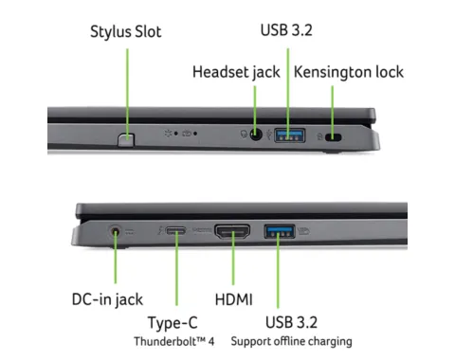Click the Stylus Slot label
click(x=126, y=32)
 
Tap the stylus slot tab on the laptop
click(x=126, y=140)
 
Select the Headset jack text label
click(x=236, y=72)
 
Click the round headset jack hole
click(x=256, y=135)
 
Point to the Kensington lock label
click(x=349, y=72)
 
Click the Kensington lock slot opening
click(x=334, y=137)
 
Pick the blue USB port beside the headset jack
click(x=290, y=135)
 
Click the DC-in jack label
click(x=107, y=299)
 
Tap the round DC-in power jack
click(x=116, y=232)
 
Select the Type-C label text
click(x=173, y=323)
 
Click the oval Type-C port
click(x=176, y=231)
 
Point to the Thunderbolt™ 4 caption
click(x=173, y=341)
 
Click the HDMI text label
click(x=234, y=299)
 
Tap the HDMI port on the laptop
click(x=232, y=231)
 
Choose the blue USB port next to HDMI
click(x=280, y=231)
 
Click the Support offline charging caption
click(x=291, y=341)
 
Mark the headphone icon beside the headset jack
click(x=244, y=135)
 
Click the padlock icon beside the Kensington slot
click(x=319, y=136)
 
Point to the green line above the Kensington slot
click(x=332, y=110)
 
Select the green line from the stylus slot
click(x=127, y=94)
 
